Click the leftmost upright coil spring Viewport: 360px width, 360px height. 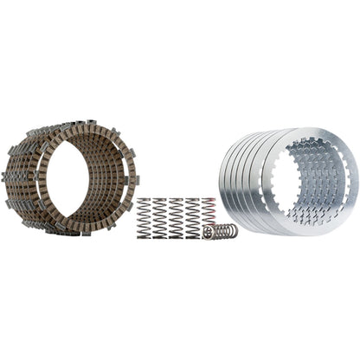point(144,216)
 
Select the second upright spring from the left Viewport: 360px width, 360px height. point(160,216)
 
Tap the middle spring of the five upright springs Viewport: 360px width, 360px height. point(176,216)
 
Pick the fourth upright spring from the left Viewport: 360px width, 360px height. point(191,216)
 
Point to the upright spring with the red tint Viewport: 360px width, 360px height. point(206,213)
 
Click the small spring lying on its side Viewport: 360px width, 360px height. point(220,232)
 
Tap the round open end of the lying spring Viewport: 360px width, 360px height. point(207,232)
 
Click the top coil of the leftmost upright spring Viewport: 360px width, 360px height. point(144,201)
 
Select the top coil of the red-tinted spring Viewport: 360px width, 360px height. point(206,200)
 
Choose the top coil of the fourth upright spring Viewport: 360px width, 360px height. point(191,201)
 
